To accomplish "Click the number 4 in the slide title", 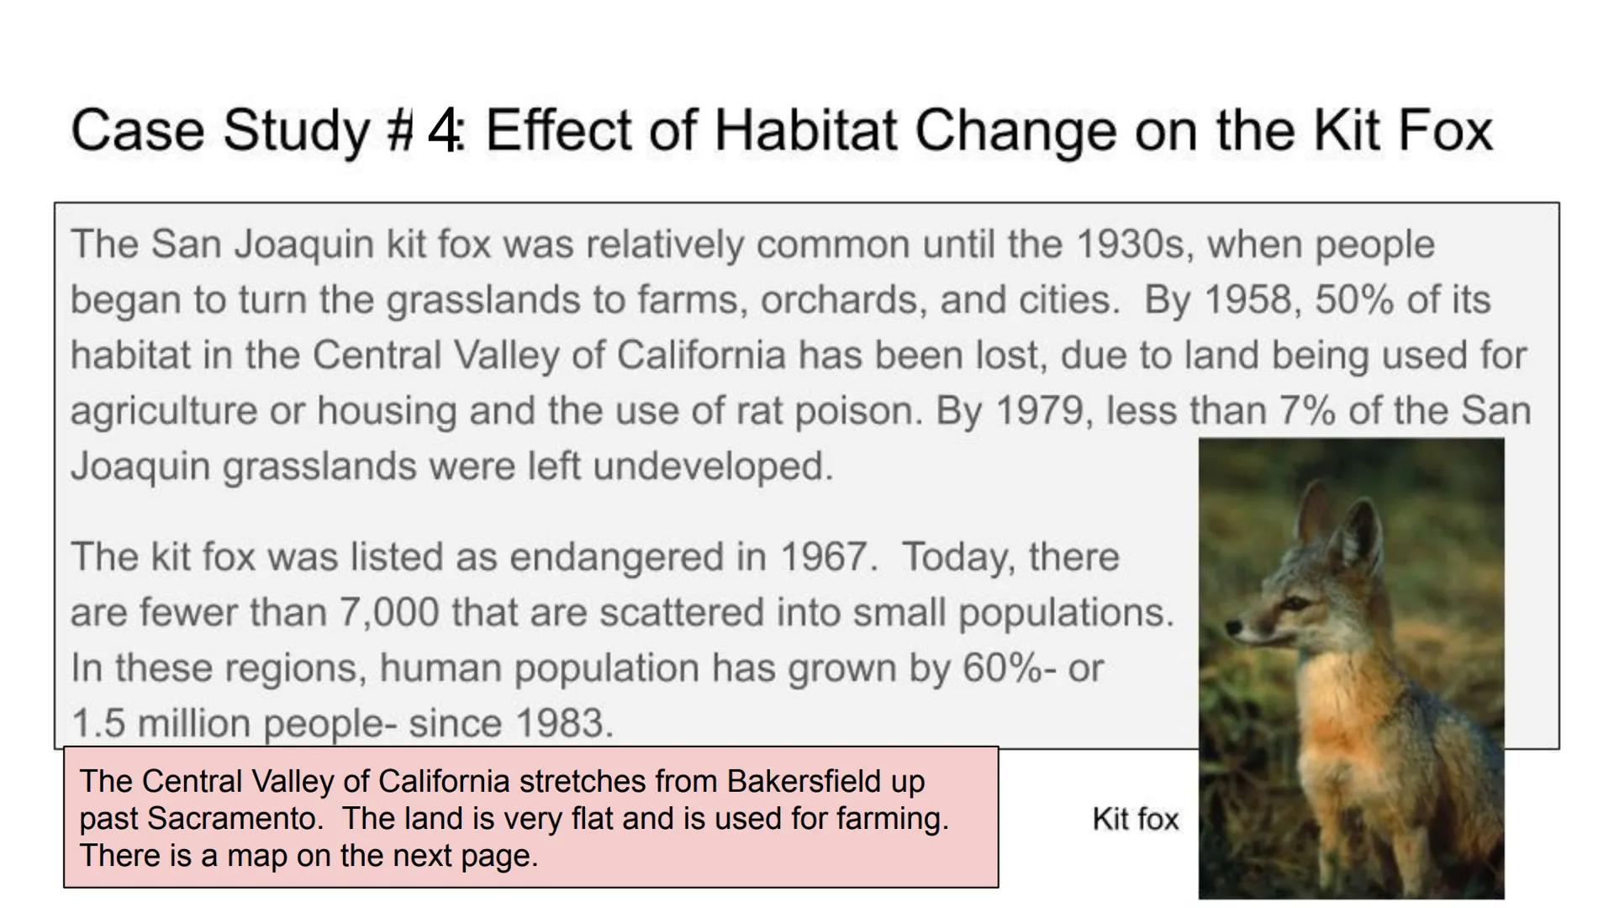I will click(x=442, y=130).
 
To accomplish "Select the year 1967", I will click(x=828, y=557).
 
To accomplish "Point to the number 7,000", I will click(x=388, y=613).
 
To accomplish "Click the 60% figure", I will click(x=1002, y=668).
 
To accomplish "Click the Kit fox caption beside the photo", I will click(x=1135, y=819).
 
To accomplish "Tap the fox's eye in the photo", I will click(x=1296, y=604).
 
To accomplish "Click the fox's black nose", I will click(x=1232, y=627).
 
